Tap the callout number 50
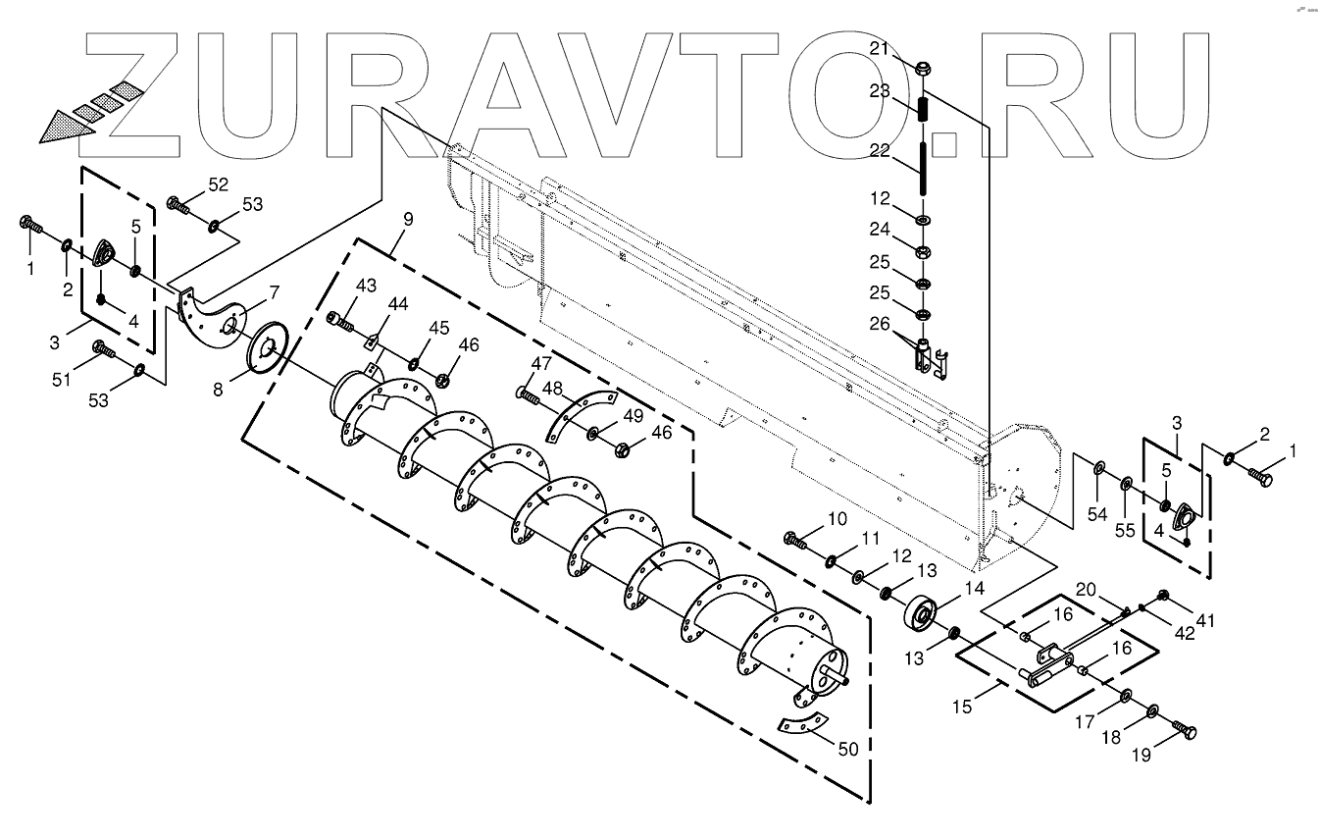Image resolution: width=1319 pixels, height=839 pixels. click(x=848, y=749)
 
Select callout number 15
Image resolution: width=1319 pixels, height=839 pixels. click(x=962, y=706)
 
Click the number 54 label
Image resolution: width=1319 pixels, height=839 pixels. click(x=1096, y=513)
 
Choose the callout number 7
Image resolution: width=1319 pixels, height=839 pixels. click(x=274, y=291)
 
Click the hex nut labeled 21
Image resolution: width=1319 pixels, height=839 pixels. click(x=922, y=70)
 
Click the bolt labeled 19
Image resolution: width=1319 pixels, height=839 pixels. click(x=1185, y=731)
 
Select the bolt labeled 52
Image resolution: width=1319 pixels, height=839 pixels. click(x=178, y=205)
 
